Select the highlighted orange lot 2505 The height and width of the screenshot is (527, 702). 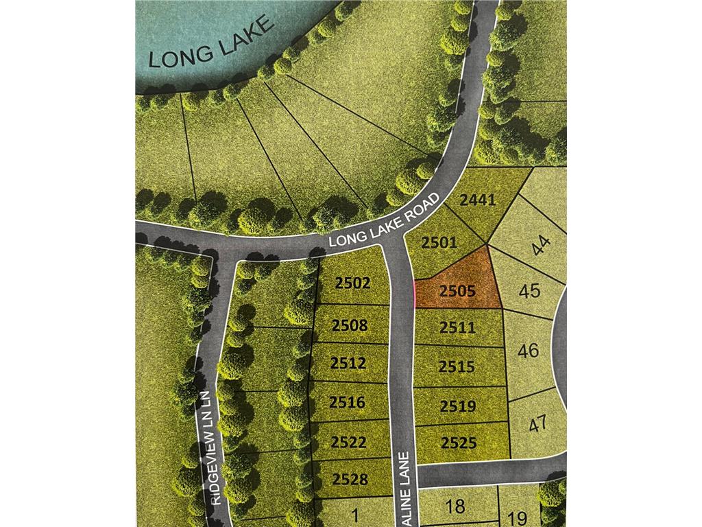457,290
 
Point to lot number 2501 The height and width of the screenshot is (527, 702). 439,242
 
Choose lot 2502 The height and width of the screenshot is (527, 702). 353,283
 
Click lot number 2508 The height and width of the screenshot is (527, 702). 350,325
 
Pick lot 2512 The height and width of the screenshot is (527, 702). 349,362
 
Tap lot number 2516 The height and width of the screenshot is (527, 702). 348,402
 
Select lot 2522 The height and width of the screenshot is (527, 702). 349,442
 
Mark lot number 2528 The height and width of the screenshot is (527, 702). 350,479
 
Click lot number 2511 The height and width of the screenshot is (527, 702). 457,327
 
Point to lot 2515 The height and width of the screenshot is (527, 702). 457,366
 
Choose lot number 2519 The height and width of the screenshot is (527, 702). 458,406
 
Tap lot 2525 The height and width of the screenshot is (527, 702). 459,443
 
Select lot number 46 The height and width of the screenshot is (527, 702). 528,351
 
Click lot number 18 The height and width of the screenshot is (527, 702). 455,507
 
